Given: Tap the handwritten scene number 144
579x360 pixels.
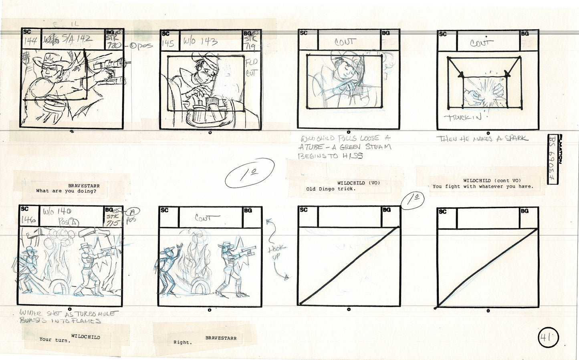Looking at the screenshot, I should click(30, 41).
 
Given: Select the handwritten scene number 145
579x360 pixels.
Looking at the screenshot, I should click(168, 43).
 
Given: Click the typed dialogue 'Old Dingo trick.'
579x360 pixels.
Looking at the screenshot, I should click(331, 189).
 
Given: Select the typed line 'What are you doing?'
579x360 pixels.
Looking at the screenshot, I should click(66, 191).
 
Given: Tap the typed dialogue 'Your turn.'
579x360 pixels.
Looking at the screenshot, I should click(54, 340).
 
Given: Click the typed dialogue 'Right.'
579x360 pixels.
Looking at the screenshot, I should click(182, 342).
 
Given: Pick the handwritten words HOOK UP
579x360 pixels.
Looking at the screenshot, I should click(276, 252).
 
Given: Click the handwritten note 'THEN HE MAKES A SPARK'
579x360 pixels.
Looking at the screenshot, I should click(482, 139).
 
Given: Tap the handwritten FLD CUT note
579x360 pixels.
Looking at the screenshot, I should click(251, 68).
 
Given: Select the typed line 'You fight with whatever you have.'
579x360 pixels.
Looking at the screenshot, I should click(483, 186).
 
